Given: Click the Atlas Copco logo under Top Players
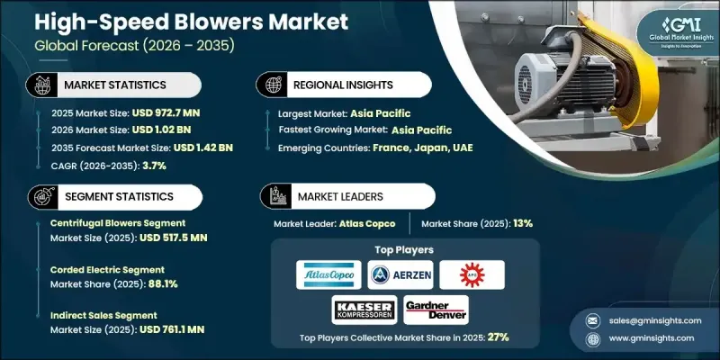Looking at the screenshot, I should coord(330,274).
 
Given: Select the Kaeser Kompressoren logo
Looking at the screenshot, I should coord(366,310).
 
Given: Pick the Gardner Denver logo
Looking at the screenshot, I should coord(436,310).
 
